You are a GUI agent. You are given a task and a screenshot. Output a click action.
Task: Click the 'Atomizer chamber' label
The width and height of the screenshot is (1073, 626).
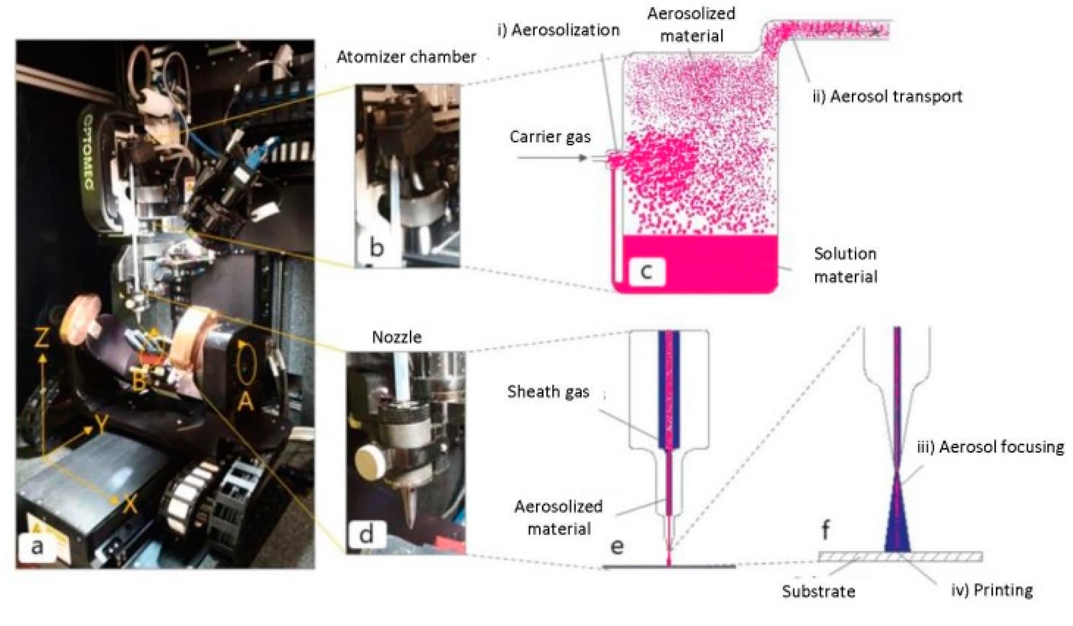(406, 57)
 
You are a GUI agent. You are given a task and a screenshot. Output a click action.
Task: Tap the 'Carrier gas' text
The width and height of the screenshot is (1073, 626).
(550, 137)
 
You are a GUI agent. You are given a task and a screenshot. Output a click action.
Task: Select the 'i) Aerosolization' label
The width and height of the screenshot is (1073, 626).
(558, 30)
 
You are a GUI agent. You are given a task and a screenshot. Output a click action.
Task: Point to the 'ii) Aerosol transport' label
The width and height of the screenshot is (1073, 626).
(888, 97)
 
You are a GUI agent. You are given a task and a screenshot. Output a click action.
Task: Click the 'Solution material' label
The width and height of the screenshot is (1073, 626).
(845, 265)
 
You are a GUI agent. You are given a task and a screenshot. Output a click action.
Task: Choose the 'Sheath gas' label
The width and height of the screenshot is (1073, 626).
(548, 392)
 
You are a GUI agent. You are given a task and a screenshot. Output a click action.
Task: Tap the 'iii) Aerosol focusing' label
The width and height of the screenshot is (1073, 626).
(991, 447)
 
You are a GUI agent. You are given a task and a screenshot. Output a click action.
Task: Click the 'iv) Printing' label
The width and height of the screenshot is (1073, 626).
(992, 590)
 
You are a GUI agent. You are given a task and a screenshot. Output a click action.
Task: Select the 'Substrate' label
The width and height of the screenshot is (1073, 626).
(818, 591)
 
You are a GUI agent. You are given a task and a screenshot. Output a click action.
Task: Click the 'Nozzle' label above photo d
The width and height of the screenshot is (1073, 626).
(397, 337)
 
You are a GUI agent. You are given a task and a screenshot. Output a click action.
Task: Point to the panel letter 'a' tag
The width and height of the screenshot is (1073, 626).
(37, 546)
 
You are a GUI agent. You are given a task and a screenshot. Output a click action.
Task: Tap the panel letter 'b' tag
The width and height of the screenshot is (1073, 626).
(376, 247)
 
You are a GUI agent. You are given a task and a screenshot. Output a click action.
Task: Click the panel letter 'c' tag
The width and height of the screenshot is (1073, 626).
(646, 270)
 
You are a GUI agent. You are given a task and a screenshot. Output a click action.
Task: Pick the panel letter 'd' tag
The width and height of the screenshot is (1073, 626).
(366, 534)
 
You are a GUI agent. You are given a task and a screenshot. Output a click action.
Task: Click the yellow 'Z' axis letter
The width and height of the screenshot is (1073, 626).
(42, 338)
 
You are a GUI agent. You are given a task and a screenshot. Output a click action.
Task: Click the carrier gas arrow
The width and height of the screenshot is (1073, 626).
(552, 158)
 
